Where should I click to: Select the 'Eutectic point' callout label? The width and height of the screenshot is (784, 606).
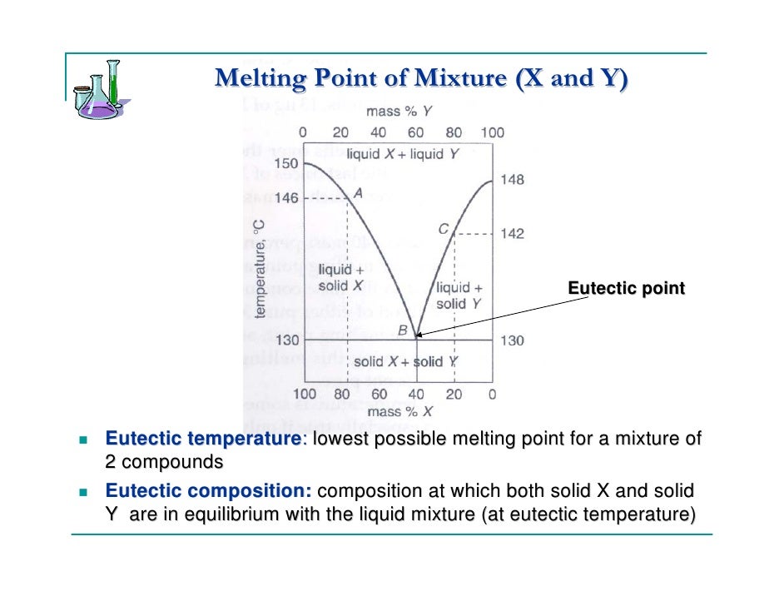pos(626,288)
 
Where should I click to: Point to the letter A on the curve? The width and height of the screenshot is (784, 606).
pos(359,192)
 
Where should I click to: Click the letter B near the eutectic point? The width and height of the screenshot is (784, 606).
pos(402,330)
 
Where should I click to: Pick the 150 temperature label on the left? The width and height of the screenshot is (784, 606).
pos(285,164)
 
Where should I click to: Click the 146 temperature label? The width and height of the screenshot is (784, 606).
pos(285,198)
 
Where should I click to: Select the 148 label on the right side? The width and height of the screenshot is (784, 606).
pos(512,180)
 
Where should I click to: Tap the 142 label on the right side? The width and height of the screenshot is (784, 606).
pos(512,234)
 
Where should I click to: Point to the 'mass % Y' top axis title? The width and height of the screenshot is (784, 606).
pos(399,111)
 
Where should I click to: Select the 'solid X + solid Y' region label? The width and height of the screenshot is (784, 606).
pos(405,361)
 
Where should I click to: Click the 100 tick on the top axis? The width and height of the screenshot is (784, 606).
pos(492,132)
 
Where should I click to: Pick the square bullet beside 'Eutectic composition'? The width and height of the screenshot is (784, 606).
pos(82,492)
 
